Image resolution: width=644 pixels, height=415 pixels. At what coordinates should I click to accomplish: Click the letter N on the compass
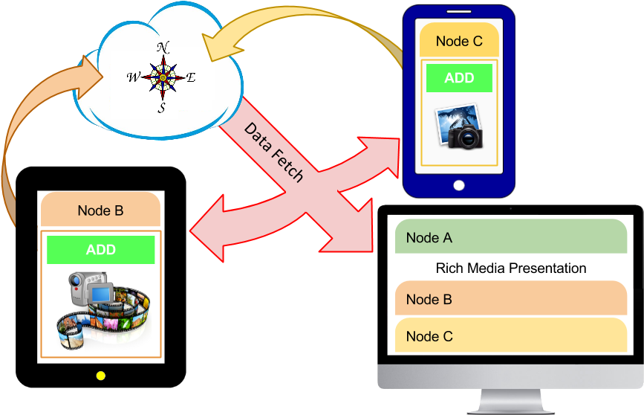(163, 48)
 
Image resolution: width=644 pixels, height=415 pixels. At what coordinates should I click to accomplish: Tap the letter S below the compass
(161, 109)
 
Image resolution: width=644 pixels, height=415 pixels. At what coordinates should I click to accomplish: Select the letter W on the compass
(133, 77)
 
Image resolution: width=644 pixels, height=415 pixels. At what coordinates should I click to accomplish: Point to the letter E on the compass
(191, 77)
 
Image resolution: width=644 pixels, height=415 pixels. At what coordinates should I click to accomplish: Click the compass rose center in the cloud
(163, 77)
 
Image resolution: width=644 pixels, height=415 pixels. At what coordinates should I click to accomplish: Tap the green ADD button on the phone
(459, 78)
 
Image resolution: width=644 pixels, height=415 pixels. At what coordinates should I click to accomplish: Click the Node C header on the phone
(459, 42)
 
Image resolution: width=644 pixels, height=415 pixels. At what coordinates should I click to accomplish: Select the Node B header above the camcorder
(100, 210)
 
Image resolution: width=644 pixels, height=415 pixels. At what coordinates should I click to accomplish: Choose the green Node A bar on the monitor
(511, 237)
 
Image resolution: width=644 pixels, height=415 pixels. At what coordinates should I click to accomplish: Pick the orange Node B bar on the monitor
(511, 300)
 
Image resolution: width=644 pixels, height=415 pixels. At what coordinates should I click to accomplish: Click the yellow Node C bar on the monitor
(511, 336)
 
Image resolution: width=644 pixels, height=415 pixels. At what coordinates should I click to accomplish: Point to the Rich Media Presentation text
(511, 268)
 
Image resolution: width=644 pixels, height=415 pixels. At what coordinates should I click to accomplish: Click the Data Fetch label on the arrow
(273, 152)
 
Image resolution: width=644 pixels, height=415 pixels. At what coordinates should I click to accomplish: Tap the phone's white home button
(459, 185)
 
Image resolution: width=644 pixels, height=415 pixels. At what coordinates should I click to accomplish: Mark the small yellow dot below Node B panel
(101, 376)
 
